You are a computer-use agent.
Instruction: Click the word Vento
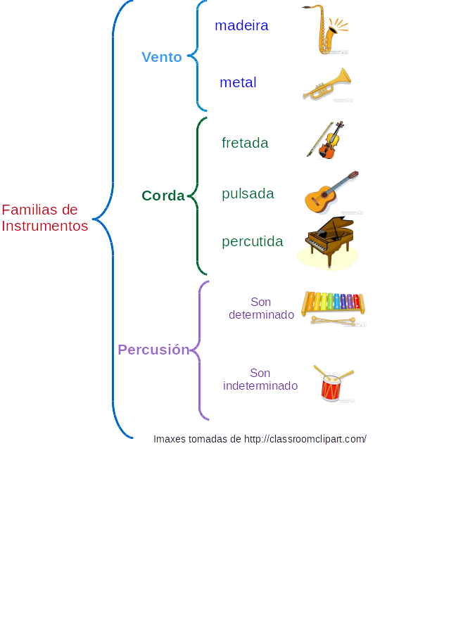click(x=162, y=57)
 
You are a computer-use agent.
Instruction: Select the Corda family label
click(x=163, y=196)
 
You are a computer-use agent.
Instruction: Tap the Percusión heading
click(x=153, y=350)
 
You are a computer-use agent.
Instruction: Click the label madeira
click(x=241, y=25)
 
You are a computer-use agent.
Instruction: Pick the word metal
click(x=238, y=82)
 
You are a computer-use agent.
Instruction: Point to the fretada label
click(x=245, y=143)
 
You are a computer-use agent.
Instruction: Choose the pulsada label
click(x=248, y=193)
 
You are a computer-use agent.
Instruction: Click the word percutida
click(x=253, y=241)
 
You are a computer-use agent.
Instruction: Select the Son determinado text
click(x=261, y=308)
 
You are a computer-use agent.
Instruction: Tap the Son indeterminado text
click(x=260, y=379)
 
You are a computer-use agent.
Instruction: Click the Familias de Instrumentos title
click(x=45, y=217)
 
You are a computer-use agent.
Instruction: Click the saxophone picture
click(x=328, y=30)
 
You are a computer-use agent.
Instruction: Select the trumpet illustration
click(x=327, y=84)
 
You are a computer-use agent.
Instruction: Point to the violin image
click(x=327, y=140)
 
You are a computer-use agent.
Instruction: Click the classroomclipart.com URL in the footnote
click(x=305, y=439)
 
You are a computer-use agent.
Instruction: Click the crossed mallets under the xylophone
click(x=334, y=321)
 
